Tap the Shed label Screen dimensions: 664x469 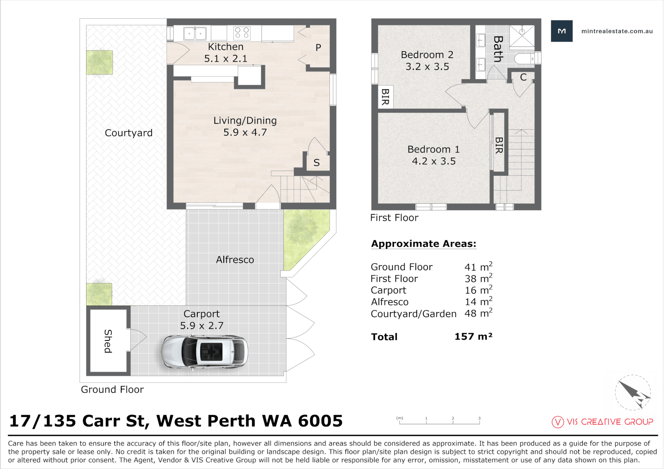click(108, 341)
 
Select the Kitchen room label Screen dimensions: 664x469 click(226, 46)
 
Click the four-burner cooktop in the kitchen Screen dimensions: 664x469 click(242, 33)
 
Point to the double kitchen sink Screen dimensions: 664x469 click(195, 33)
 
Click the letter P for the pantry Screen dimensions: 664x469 click(318, 47)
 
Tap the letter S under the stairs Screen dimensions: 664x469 click(317, 163)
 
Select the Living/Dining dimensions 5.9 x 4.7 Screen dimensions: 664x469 click(245, 132)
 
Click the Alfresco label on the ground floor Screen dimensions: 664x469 click(235, 260)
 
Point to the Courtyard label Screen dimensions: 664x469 click(129, 133)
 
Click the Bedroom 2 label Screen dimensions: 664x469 click(427, 55)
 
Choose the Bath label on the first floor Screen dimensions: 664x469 click(498, 49)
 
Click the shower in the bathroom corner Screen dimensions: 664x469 click(522, 36)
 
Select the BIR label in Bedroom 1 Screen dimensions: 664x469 click(499, 145)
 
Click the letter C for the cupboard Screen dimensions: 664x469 click(523, 77)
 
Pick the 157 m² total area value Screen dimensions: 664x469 click(473, 337)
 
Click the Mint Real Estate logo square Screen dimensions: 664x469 click(562, 31)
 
